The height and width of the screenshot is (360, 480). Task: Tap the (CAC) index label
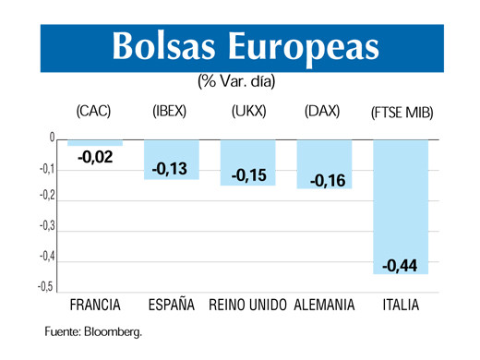(x=93, y=112)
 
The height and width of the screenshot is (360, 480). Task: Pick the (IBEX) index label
(x=169, y=112)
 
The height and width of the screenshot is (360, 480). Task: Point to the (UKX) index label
(x=249, y=112)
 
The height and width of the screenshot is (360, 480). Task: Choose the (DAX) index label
(x=321, y=112)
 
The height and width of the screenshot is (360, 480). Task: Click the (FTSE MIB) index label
(x=402, y=113)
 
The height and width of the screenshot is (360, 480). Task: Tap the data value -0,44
(x=400, y=266)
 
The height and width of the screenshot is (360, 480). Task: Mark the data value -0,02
(x=95, y=159)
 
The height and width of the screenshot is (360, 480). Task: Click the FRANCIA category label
(x=97, y=305)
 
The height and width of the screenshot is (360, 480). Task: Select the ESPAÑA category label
(x=171, y=305)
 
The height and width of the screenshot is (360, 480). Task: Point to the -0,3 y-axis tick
(x=47, y=225)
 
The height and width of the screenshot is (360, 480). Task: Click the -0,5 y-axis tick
(x=47, y=286)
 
